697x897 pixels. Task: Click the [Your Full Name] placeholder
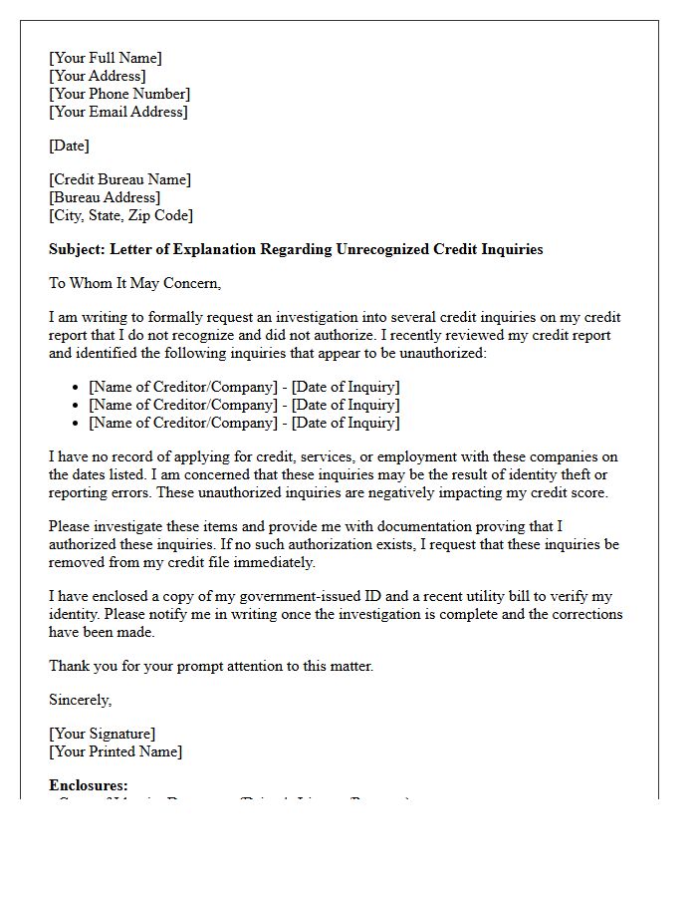coord(106,58)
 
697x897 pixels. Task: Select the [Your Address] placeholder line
coord(97,76)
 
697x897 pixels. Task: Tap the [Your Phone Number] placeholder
coord(119,94)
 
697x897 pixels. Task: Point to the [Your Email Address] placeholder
coord(117,112)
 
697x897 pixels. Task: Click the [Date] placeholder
coord(69,146)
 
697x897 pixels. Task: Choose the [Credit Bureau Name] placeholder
coord(119,179)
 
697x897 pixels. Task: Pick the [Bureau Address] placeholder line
coord(105,197)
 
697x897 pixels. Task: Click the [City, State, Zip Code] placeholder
coord(120,215)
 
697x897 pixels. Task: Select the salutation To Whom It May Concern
coord(134,283)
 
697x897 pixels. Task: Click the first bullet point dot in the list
coord(77,388)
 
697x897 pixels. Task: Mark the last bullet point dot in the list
coord(77,424)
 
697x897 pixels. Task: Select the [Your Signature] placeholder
coord(102,734)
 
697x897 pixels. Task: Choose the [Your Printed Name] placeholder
coord(116,751)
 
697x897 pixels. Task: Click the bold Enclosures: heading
coord(89,785)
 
